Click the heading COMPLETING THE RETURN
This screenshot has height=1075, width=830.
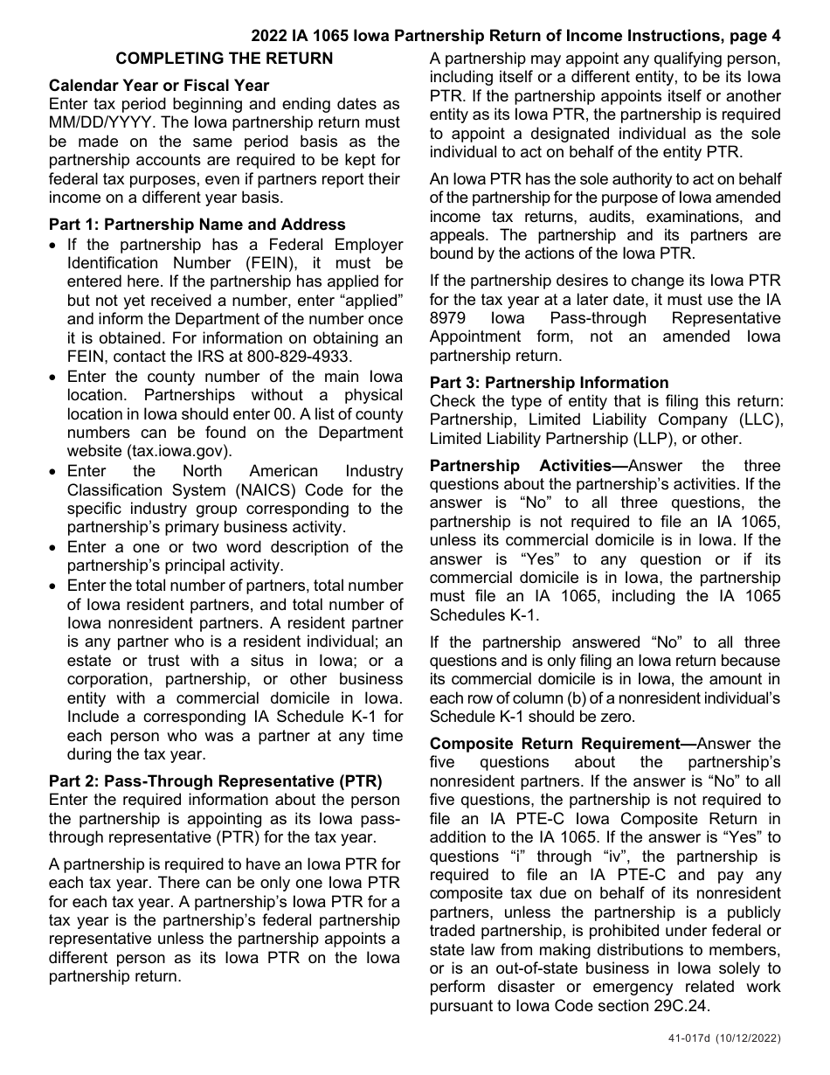coord(225,59)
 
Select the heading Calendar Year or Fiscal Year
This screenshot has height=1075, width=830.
coord(159,86)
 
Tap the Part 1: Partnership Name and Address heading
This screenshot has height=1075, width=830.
coord(197,225)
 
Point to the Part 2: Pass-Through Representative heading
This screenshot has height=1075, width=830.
coord(216,781)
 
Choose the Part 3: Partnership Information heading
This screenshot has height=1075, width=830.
coord(549,382)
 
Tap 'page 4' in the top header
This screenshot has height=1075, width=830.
coord(752,36)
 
